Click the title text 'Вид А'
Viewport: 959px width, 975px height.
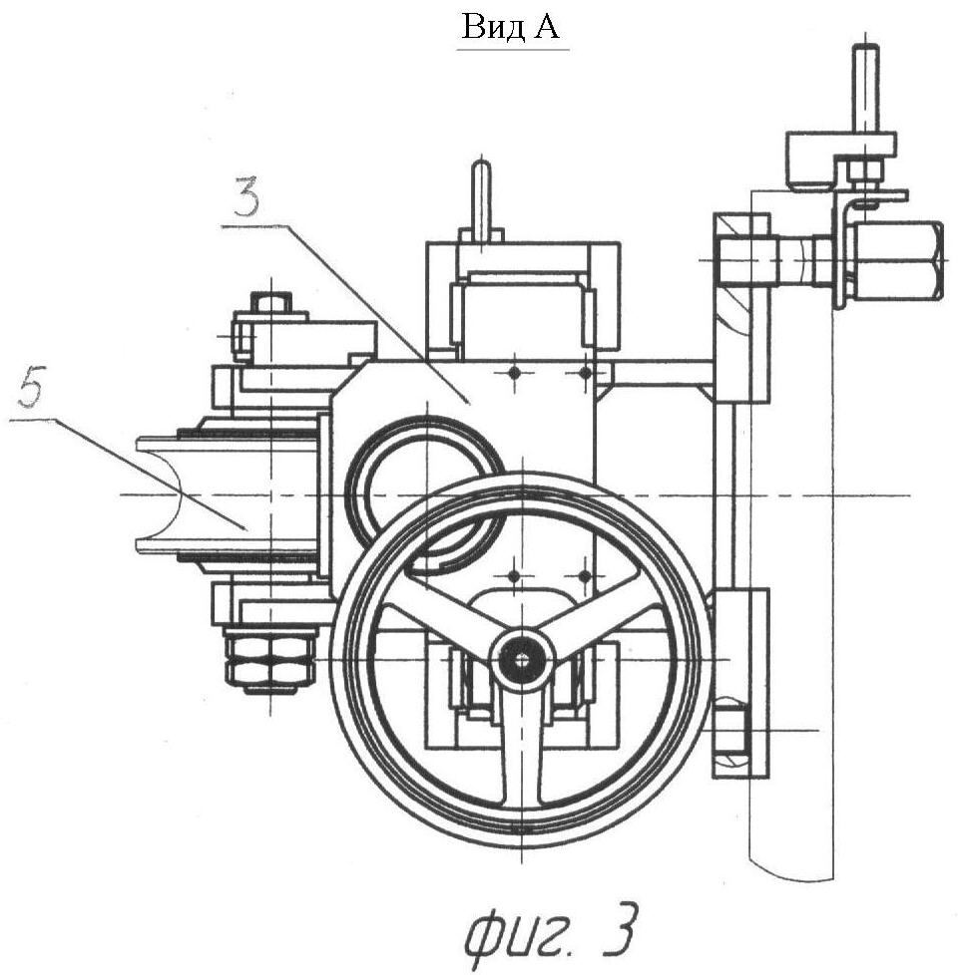(510, 27)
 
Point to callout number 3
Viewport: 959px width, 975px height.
(247, 196)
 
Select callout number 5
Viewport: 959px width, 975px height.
(32, 387)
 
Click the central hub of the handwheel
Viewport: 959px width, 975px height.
(522, 659)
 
